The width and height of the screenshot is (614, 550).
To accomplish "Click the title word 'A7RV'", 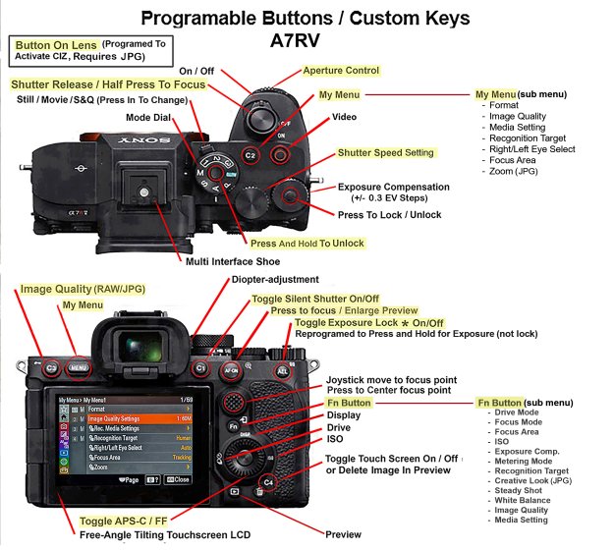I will click(305, 42).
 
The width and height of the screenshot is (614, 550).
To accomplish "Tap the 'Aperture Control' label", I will click(341, 71).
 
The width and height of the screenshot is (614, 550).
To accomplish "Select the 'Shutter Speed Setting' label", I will click(385, 153).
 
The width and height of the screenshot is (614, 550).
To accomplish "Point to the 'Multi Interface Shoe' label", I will click(233, 261).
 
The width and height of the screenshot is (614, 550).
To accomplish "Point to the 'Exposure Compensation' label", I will click(393, 187).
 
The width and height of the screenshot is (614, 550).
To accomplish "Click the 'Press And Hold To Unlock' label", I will click(307, 244).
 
